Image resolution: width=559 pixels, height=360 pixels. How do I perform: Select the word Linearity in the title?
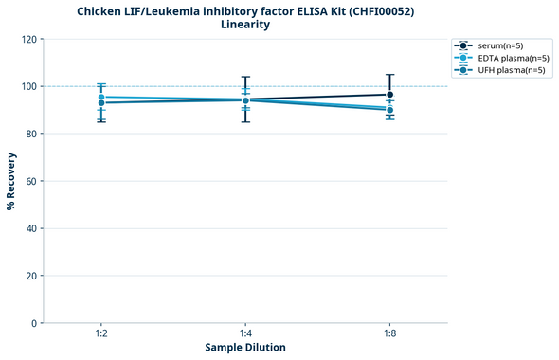244,26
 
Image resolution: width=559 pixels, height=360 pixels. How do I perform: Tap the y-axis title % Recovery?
11,180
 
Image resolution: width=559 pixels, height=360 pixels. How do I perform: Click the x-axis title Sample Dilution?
245,348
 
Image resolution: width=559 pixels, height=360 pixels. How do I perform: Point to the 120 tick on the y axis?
29,40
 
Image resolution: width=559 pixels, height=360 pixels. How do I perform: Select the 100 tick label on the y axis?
29,87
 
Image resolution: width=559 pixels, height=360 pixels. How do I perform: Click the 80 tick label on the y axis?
32,134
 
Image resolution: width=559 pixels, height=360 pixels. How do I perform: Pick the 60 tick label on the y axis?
32,181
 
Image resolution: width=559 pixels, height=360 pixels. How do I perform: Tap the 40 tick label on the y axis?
32,228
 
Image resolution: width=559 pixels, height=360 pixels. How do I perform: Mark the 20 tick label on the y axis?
32,276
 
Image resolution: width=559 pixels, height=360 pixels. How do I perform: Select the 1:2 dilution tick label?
100,333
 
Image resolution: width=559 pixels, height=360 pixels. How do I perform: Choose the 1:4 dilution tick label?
245,333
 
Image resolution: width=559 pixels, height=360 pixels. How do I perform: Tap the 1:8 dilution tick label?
390,333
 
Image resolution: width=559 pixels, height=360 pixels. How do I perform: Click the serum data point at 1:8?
390,95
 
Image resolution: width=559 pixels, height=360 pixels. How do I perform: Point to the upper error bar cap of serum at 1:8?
390,75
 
